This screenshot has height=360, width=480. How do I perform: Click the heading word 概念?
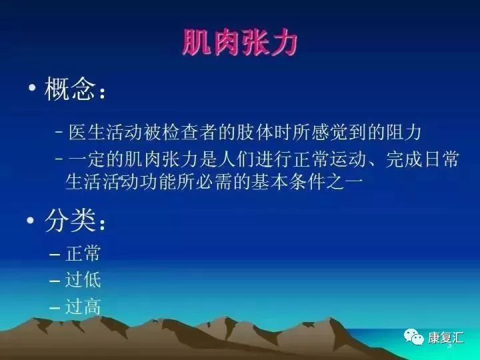pos(70,89)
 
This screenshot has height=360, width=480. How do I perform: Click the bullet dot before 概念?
pos(31,90)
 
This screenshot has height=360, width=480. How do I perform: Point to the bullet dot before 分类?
pos(31,223)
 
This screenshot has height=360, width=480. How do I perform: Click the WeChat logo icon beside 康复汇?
pos(416,337)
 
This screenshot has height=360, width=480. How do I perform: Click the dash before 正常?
pos(55,255)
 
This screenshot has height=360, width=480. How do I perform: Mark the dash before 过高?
pos(55,307)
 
